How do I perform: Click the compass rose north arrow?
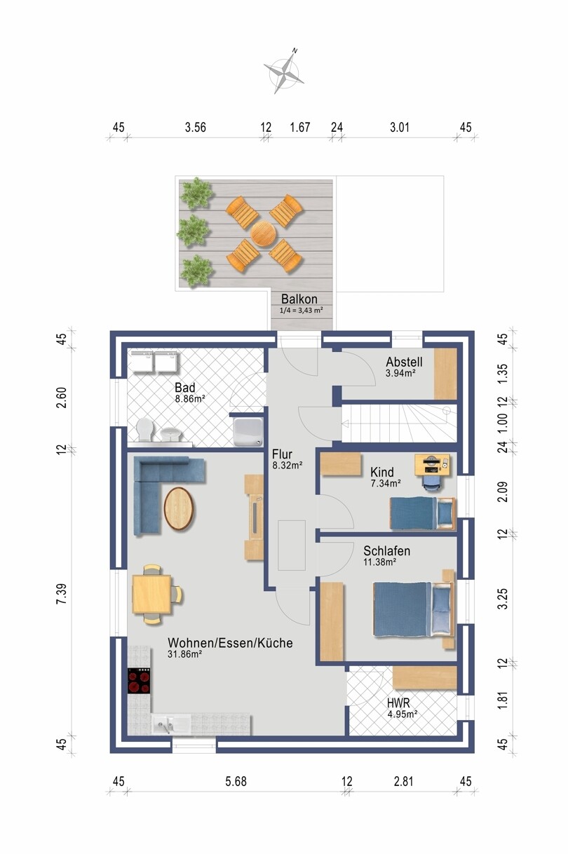(x=285, y=72)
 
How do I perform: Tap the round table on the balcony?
(x=264, y=234)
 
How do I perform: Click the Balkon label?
(x=299, y=299)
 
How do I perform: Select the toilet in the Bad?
(x=145, y=430)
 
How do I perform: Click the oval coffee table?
(x=178, y=508)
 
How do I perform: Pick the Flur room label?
(x=282, y=454)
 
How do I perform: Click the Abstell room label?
(x=404, y=361)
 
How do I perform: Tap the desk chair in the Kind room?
(x=431, y=482)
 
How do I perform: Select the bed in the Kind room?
(x=423, y=513)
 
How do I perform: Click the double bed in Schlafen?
(x=414, y=609)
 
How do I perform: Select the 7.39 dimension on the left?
(x=62, y=593)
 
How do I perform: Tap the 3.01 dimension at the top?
(x=400, y=127)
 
